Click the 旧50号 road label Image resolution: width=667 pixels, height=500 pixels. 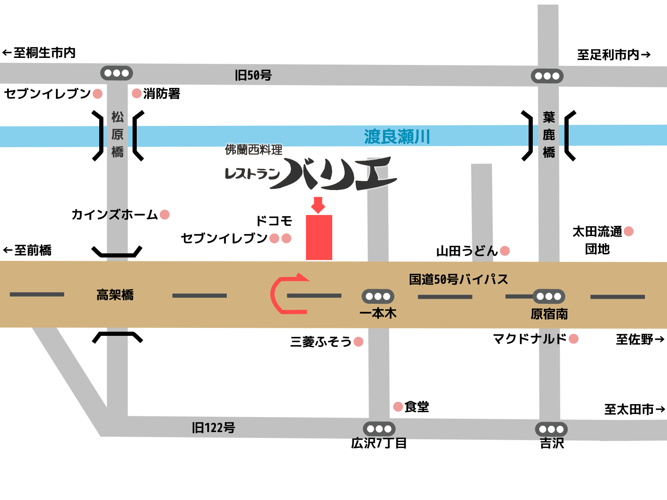pos(253,75)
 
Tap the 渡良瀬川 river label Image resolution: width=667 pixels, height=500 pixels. pos(396,137)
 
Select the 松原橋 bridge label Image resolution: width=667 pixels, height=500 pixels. pos(118,134)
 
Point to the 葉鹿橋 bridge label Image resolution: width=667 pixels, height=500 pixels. pos(549,135)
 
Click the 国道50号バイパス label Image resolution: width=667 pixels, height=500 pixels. pos(458,279)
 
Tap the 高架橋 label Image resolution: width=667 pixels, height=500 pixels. pos(115,295)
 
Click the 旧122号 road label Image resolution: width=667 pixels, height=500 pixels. pos(213,427)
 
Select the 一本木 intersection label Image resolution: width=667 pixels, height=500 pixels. pos(378,313)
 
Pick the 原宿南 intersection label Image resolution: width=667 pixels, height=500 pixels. pos(549,314)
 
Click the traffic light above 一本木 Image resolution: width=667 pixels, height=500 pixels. pos(378,297)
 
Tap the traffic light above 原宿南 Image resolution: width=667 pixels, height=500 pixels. pos(549,297)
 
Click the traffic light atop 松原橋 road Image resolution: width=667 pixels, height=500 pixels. pos(117,73)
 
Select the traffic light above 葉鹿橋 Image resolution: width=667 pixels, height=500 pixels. pos(547,76)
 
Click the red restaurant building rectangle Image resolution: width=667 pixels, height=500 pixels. pos(319,237)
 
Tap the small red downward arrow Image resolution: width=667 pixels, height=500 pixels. pos(318,205)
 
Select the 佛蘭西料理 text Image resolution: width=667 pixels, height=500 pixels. pos(253,150)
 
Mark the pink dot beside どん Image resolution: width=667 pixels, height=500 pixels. pos(505,251)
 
